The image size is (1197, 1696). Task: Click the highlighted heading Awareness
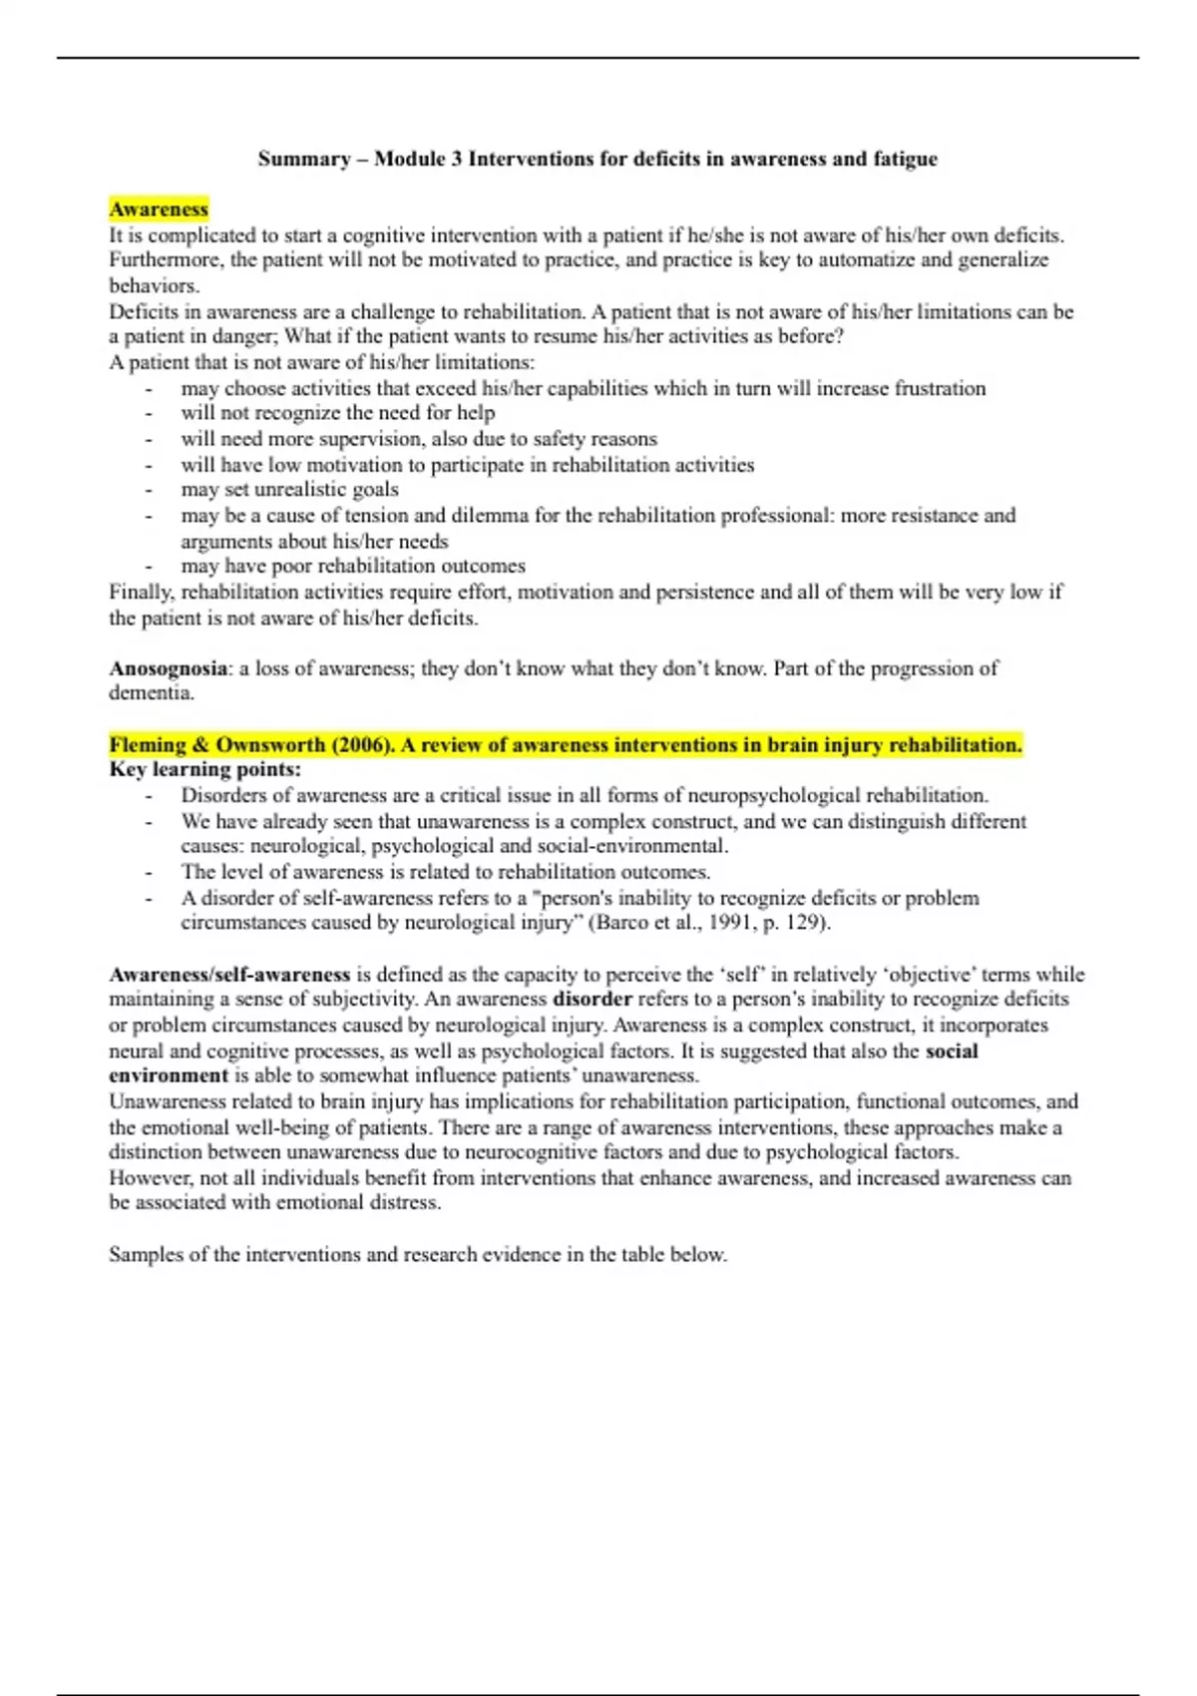pos(159,210)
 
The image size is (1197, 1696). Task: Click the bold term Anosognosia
pos(168,668)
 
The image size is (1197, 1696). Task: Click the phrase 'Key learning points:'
pos(204,770)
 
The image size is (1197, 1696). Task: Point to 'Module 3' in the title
pos(418,160)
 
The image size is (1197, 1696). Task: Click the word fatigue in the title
pos(905,160)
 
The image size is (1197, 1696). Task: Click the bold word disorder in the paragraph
pos(593,1000)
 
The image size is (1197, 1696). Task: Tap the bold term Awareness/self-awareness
pos(229,975)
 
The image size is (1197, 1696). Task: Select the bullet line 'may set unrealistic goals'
pos(289,490)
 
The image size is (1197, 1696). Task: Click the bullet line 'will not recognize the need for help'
pos(337,414)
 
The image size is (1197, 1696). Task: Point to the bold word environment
pos(169,1076)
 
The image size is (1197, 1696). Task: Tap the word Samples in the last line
pos(143,1255)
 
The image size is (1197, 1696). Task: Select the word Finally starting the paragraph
pos(141,593)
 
